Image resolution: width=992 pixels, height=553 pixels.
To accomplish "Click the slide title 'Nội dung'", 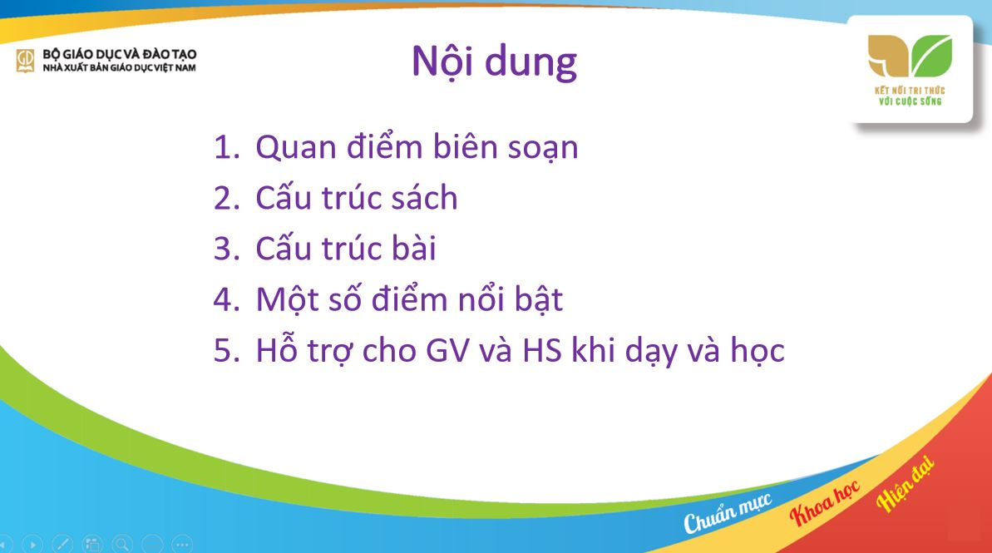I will tap(494, 62).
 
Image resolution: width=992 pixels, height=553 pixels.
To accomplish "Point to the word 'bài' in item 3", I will tap(412, 249).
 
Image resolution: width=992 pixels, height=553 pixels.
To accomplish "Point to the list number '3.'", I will tap(226, 249).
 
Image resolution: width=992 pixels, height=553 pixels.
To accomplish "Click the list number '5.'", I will tap(226, 351).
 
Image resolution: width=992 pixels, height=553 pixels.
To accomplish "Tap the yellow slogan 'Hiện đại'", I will tap(906, 484).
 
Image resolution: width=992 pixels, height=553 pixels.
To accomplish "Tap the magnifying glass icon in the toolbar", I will tap(122, 545).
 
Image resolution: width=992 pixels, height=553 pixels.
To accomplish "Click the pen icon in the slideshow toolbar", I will tap(62, 545).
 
